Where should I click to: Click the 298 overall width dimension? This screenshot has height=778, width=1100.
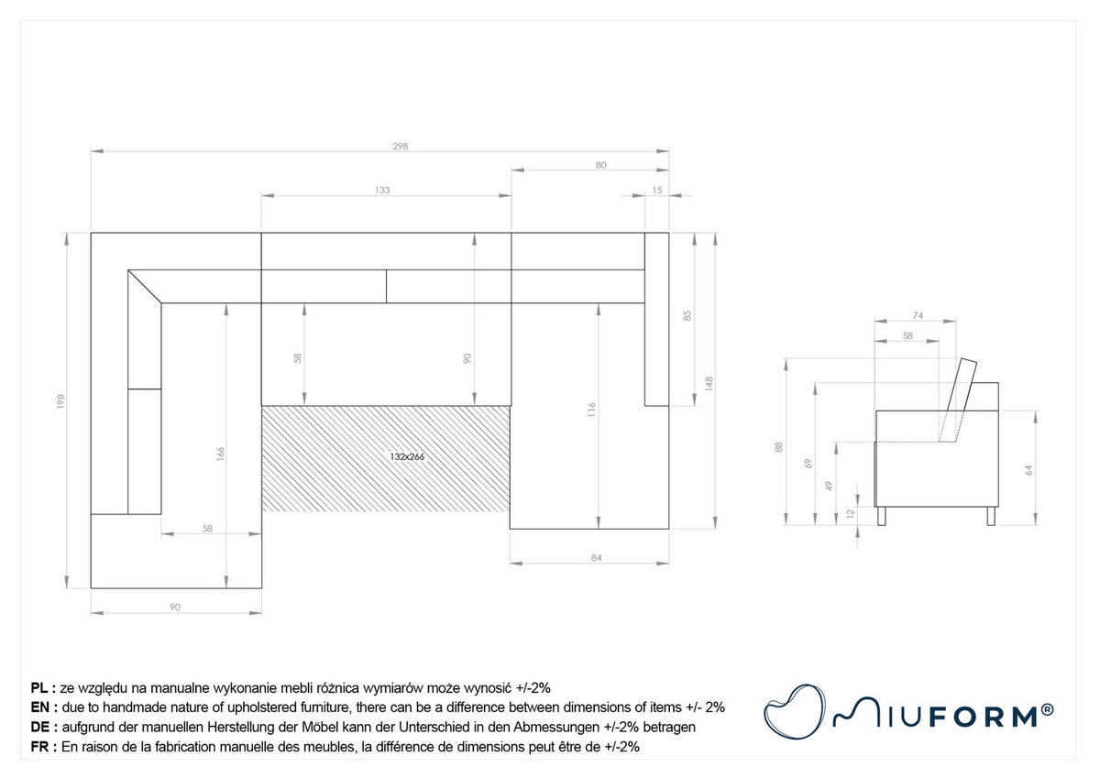coord(401,146)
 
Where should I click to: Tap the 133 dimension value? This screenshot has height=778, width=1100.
coord(382,190)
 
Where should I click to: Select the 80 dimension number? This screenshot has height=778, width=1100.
coord(601,165)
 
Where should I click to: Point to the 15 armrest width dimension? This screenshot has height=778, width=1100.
coord(657,190)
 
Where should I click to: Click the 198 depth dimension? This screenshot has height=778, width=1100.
coord(60,401)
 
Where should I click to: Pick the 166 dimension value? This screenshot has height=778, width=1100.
coord(221,453)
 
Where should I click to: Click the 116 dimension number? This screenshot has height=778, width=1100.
coord(592,410)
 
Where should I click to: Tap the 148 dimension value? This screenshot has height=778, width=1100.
coord(709,383)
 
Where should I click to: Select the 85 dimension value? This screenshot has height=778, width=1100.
coord(687,315)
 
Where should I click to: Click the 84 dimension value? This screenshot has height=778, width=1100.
coord(596,557)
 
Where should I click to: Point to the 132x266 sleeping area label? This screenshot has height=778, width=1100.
coord(407,456)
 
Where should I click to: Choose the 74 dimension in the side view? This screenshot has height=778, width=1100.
coord(918,315)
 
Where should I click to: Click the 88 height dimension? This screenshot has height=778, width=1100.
coord(779,447)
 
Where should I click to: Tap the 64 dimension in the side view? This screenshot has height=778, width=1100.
coord(1028,470)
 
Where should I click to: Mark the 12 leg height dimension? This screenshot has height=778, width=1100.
coord(851,513)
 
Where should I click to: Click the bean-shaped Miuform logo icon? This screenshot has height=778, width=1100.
coord(794,711)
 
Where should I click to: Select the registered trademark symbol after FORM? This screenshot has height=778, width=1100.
coord(1047,710)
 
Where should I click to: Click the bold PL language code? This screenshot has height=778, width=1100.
coord(39,688)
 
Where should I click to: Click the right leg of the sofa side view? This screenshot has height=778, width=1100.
coord(991,516)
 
